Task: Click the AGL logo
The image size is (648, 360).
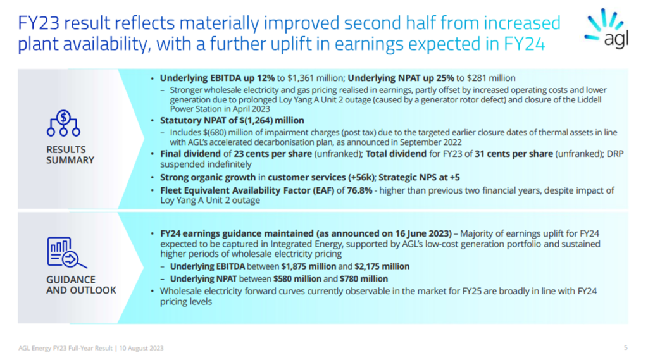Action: (x=606, y=28)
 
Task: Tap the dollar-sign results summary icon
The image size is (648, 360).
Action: (x=63, y=123)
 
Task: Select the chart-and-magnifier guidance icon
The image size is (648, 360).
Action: (x=66, y=252)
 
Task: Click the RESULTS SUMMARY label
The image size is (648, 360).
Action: (x=70, y=154)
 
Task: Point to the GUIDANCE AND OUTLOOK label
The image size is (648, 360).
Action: (x=81, y=285)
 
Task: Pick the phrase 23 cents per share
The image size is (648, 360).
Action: (x=273, y=154)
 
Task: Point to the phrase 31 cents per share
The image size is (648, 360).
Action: (x=514, y=154)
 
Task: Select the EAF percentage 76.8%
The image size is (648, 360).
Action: (x=359, y=190)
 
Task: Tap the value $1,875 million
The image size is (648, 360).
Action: (x=309, y=266)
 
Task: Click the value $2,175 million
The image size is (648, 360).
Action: (x=382, y=266)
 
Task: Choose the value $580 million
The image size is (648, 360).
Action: (x=297, y=279)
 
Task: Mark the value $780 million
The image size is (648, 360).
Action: (x=364, y=279)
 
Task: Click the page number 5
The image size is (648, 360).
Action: (x=626, y=348)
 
